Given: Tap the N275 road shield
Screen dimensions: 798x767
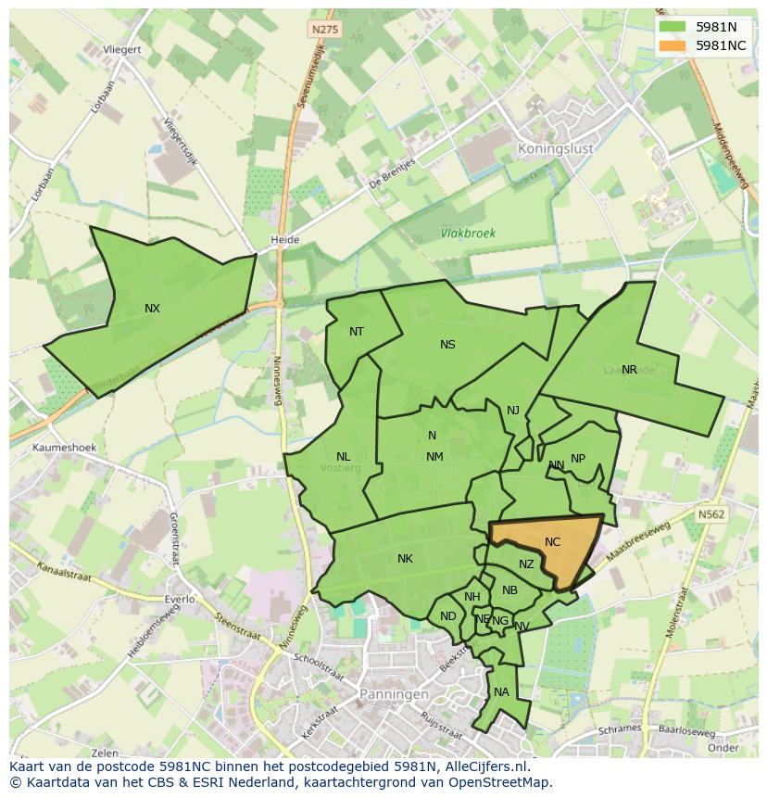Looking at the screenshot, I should (325, 30).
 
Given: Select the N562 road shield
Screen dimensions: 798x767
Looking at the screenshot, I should (711, 513).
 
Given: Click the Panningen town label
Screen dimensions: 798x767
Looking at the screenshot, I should (394, 693).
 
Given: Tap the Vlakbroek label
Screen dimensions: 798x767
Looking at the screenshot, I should (468, 234).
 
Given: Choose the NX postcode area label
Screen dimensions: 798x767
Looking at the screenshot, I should (152, 309).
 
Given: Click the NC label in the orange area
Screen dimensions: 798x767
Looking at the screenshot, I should (552, 542).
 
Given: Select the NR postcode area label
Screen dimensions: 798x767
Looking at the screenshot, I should (629, 370).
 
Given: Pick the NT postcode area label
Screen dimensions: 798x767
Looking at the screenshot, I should (357, 332).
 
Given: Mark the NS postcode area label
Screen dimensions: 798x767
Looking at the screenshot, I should (447, 345).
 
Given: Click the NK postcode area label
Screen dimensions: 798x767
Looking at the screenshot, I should (405, 559).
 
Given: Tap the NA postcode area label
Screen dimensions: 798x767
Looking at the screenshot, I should (501, 692).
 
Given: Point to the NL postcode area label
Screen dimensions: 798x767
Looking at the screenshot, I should (343, 457).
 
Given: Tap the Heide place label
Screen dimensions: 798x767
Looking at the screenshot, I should (284, 240).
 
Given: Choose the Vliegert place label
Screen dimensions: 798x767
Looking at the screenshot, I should (122, 49).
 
